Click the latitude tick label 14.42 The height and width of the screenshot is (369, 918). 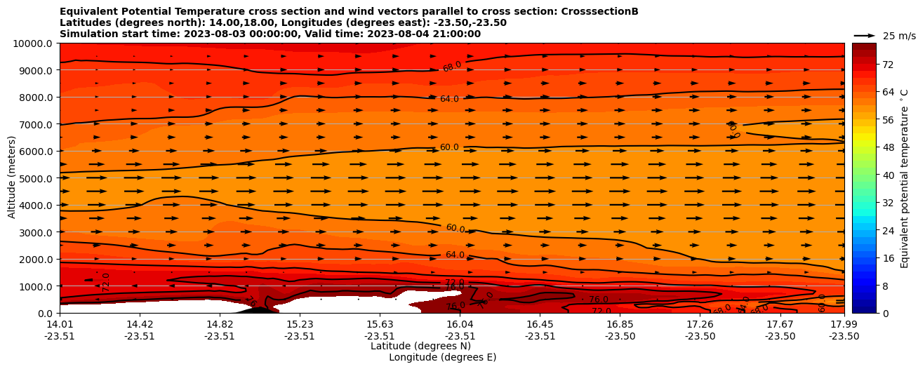(x=140, y=324)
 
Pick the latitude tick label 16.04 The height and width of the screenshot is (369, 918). (x=460, y=324)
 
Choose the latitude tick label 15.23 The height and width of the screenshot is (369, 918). (x=300, y=324)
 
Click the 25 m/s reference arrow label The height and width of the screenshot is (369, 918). (x=899, y=36)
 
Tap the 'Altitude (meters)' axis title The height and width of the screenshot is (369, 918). (x=12, y=177)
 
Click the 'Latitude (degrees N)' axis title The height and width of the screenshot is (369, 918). (x=420, y=346)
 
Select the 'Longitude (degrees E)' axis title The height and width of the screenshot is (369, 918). (x=442, y=357)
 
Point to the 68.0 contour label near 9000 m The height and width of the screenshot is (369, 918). (x=452, y=67)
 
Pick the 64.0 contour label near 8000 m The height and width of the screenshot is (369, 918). (x=449, y=99)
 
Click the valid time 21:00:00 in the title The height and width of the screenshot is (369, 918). (x=454, y=34)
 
